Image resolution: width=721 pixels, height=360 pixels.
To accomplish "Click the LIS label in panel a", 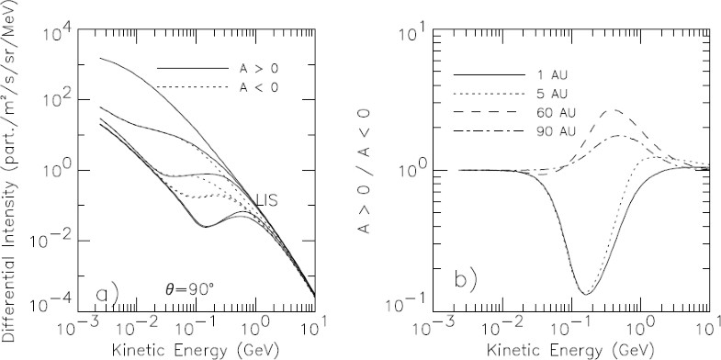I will tap(267, 199).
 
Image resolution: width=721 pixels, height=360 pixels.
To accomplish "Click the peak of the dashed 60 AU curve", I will tap(614, 110).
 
